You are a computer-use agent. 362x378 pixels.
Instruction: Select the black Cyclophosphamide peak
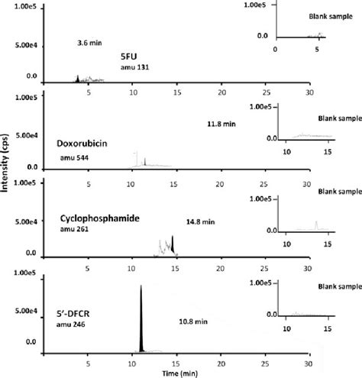(173, 244)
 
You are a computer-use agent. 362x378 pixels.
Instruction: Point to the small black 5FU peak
(77, 79)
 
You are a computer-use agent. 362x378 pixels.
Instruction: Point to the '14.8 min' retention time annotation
(201, 221)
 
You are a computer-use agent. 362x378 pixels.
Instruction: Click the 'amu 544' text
(74, 158)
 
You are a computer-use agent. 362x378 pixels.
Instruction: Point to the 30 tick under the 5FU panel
(309, 94)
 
